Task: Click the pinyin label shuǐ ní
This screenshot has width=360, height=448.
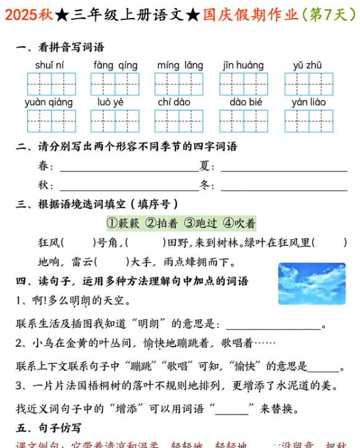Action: tap(50, 65)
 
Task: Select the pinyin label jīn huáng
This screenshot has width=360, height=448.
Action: tap(243, 65)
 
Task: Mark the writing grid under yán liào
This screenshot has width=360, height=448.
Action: tap(308, 121)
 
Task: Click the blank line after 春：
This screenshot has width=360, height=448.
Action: tap(127, 168)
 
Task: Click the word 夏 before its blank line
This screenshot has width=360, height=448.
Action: tap(204, 167)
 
